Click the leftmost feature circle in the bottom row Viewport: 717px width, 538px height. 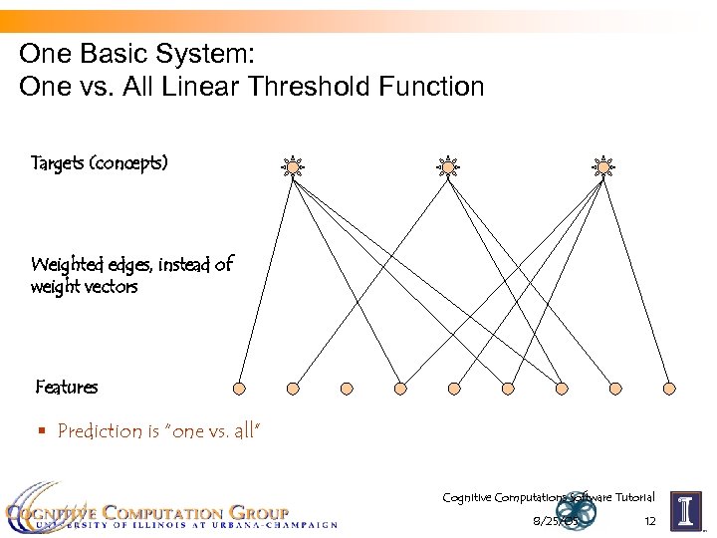(x=239, y=388)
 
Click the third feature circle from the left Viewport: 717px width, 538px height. (x=347, y=388)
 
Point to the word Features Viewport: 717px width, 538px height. (x=67, y=387)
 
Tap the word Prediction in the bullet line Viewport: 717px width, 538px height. (x=100, y=431)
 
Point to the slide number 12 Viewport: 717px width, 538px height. (x=649, y=522)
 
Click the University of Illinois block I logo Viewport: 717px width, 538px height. (x=686, y=511)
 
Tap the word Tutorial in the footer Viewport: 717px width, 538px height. (x=631, y=497)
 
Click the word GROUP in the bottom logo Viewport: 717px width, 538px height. (x=256, y=513)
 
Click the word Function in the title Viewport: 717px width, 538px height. (x=430, y=87)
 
